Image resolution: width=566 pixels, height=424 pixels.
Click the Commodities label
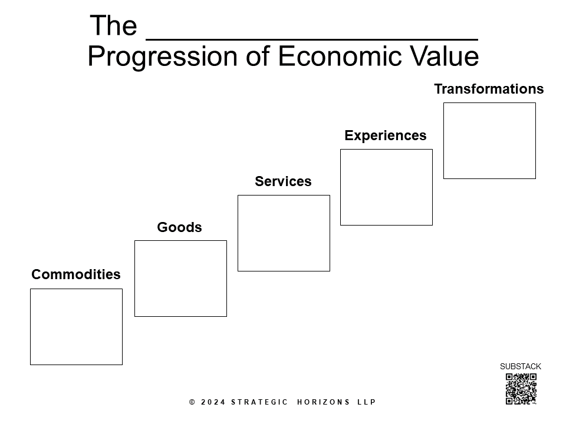pyautogui.click(x=75, y=274)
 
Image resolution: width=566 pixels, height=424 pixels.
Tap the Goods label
pyautogui.click(x=179, y=227)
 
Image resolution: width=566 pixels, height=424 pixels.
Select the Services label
pyautogui.click(x=283, y=181)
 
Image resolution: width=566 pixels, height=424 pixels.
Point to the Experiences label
pyautogui.click(x=385, y=135)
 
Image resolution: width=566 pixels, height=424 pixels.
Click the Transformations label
pyautogui.click(x=489, y=89)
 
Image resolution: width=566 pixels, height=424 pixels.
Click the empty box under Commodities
pyautogui.click(x=76, y=327)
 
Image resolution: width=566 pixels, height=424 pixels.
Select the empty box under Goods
pyautogui.click(x=180, y=279)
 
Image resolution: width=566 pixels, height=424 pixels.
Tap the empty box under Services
pyautogui.click(x=284, y=233)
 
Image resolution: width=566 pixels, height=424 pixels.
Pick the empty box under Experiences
pyautogui.click(x=386, y=187)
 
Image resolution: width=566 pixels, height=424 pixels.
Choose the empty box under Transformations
pyautogui.click(x=489, y=141)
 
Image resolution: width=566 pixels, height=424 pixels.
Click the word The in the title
pyautogui.click(x=113, y=26)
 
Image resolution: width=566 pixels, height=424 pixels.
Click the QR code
pyautogui.click(x=521, y=389)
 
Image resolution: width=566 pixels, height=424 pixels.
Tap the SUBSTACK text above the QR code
pyautogui.click(x=521, y=366)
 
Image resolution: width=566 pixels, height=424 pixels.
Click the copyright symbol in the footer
pyautogui.click(x=192, y=402)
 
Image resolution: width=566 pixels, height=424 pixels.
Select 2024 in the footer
pyautogui.click(x=213, y=402)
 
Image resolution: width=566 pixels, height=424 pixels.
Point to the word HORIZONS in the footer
pyautogui.click(x=324, y=402)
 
